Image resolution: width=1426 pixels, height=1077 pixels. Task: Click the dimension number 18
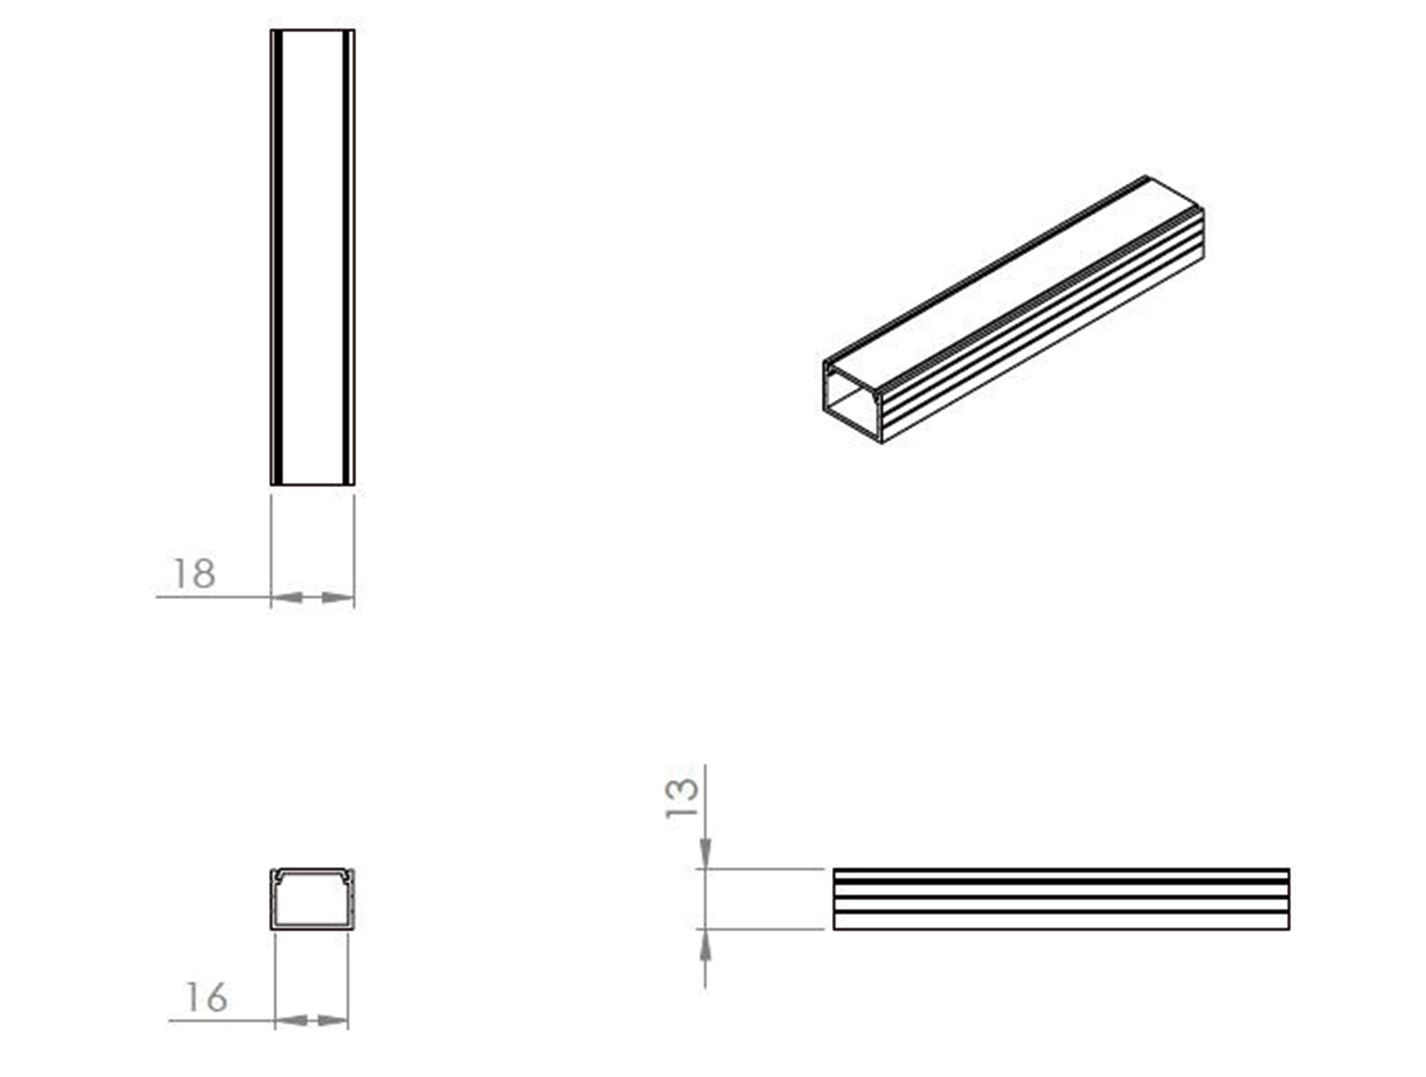(x=194, y=573)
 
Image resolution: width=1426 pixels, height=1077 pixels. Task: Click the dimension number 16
(x=206, y=998)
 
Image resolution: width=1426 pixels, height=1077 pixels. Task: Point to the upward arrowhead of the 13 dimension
(x=706, y=945)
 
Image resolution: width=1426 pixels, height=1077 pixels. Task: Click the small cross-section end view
(x=312, y=899)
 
